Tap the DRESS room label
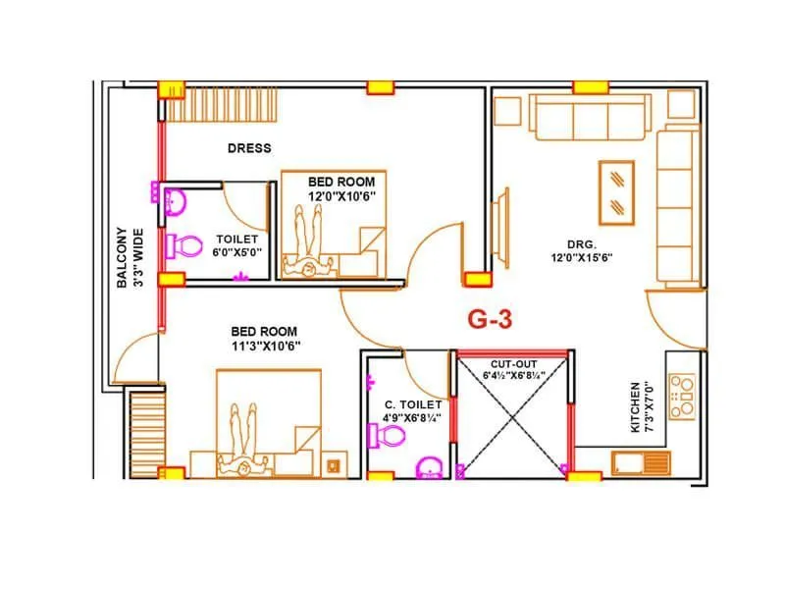[249, 148]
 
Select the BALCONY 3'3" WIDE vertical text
[130, 257]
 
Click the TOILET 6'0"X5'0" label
[236, 245]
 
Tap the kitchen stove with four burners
[681, 395]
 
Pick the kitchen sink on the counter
[641, 461]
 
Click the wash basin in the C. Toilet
[430, 467]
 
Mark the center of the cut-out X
[510, 413]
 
